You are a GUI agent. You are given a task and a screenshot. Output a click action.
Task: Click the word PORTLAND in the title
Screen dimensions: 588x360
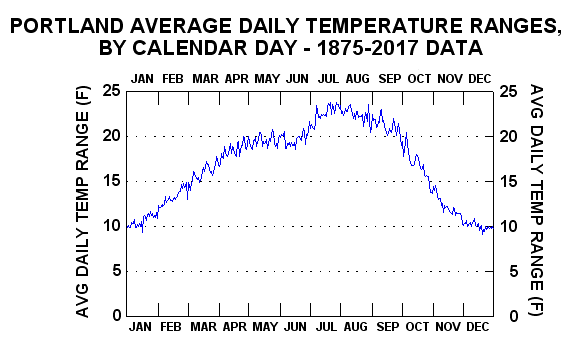(67, 26)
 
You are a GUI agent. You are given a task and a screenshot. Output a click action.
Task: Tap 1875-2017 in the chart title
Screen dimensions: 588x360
(368, 48)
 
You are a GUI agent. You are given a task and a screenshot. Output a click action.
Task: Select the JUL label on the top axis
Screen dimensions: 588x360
(328, 79)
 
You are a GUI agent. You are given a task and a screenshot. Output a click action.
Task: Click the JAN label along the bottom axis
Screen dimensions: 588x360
(140, 327)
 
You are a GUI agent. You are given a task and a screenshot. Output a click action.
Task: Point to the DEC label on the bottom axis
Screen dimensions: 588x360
(478, 327)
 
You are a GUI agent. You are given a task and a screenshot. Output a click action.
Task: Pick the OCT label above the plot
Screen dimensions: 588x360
(419, 79)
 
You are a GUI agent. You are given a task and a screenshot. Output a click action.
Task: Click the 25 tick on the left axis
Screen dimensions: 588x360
(111, 90)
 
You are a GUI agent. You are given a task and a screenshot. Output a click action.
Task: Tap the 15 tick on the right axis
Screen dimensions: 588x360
(508, 182)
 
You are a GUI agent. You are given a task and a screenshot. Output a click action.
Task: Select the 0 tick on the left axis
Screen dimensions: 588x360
(117, 316)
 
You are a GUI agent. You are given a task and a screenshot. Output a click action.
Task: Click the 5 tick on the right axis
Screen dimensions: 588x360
(513, 271)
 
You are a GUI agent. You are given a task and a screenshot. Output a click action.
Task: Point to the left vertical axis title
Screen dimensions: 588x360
(83, 202)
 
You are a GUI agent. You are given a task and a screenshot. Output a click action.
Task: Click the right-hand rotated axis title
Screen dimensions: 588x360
(536, 201)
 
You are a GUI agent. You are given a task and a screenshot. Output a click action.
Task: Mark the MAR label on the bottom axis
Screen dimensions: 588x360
(204, 327)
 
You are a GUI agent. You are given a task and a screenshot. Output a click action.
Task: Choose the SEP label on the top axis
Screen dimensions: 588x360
(390, 79)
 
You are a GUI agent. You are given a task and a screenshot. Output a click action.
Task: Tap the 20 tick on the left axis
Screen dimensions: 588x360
(111, 136)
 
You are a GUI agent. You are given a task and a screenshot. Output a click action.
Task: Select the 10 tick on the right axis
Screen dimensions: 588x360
(508, 226)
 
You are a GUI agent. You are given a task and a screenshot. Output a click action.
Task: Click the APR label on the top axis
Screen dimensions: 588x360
(237, 79)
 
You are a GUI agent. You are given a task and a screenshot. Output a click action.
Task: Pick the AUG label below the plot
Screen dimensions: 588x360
(356, 327)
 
